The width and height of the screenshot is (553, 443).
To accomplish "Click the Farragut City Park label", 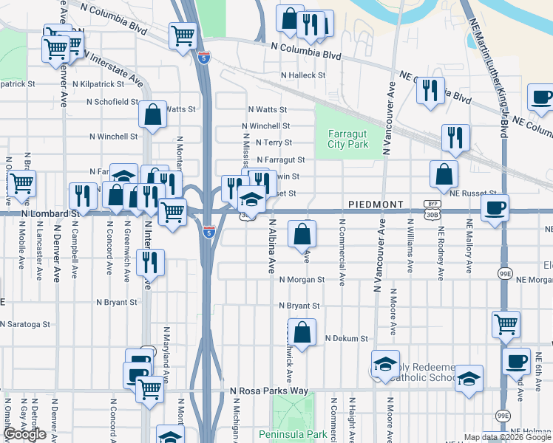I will pos(347,139).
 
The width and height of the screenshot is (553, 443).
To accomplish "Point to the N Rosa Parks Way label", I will pos(268,390).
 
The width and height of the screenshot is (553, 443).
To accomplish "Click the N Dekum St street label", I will pos(347,339).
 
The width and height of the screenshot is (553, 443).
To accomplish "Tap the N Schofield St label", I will pos(111,102).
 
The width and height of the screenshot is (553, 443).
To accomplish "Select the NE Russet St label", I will pos(475,193).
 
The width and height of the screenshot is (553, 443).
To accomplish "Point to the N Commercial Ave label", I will pos(342,251).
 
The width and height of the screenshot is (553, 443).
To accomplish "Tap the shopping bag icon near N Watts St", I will pos(153,114).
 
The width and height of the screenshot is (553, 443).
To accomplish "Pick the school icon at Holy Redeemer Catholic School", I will pos(385,364).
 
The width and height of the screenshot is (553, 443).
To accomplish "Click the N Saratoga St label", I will pos(25,324).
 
